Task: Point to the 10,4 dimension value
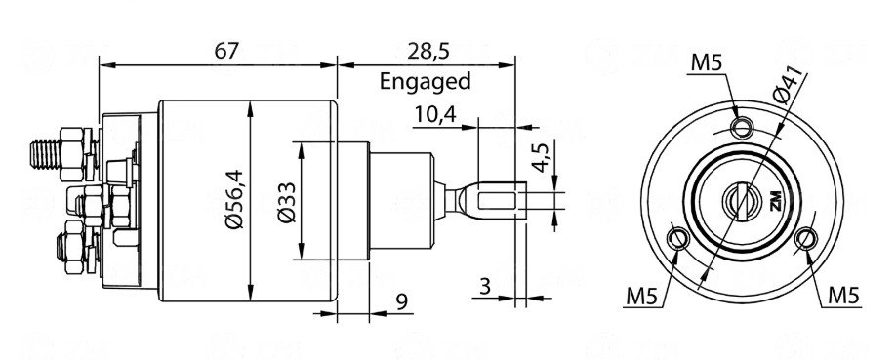click(434, 115)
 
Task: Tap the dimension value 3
click(485, 286)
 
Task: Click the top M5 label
click(706, 65)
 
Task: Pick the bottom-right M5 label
click(843, 294)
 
